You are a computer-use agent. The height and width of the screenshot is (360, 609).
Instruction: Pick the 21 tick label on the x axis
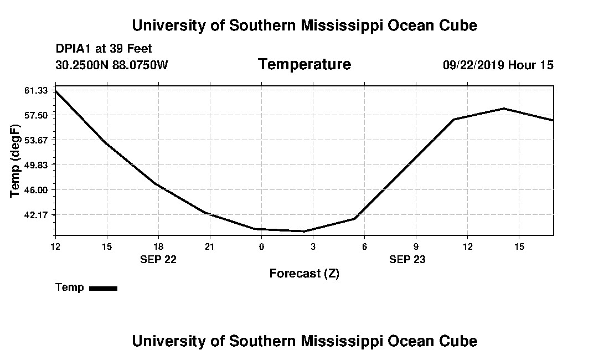210,246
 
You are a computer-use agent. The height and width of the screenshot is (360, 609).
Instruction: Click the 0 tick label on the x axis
261,246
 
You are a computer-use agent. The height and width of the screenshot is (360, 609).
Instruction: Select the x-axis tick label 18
158,246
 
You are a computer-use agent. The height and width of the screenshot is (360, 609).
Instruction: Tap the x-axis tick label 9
416,246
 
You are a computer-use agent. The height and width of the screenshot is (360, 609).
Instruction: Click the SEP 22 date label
158,259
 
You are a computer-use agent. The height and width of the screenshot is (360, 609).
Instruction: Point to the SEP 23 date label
407,259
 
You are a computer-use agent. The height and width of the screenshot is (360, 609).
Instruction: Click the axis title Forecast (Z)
304,274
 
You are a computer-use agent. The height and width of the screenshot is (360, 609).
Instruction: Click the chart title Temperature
304,65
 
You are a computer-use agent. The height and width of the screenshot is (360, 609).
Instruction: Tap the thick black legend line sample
103,288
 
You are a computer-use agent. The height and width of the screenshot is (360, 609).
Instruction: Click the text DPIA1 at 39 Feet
104,49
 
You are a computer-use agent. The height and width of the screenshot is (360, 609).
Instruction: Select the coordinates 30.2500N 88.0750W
111,65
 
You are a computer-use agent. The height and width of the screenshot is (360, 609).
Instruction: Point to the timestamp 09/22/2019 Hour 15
498,65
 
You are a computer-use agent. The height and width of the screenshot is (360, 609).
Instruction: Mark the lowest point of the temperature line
304,231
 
